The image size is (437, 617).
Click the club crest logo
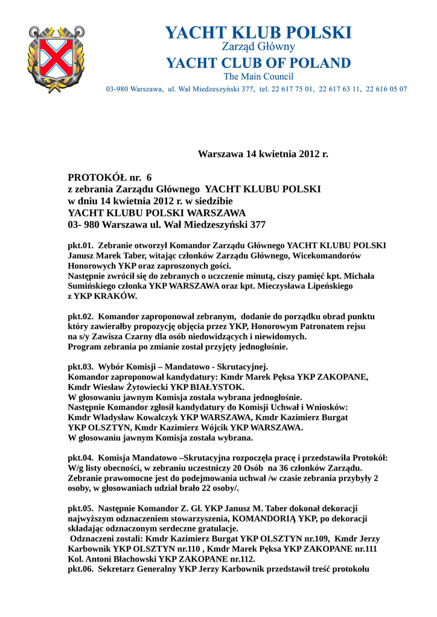pyautogui.click(x=53, y=58)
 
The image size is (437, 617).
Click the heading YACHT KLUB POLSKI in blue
pyautogui.click(x=258, y=33)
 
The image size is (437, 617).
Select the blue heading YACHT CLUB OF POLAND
pyautogui.click(x=258, y=63)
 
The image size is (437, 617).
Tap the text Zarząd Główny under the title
pyautogui.click(x=258, y=47)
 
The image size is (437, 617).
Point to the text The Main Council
pyautogui.click(x=258, y=77)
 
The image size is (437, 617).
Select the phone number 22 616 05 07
pyautogui.click(x=388, y=89)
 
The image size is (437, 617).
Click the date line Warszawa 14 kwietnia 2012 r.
pyautogui.click(x=263, y=154)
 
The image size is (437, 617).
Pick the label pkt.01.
pyautogui.click(x=81, y=245)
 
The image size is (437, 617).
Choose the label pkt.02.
pyautogui.click(x=81, y=316)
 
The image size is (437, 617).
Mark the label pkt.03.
pyautogui.click(x=81, y=367)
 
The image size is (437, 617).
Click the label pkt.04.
pyautogui.click(x=81, y=458)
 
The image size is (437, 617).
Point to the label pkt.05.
pyautogui.click(x=81, y=508)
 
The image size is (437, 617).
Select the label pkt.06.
pyautogui.click(x=81, y=569)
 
